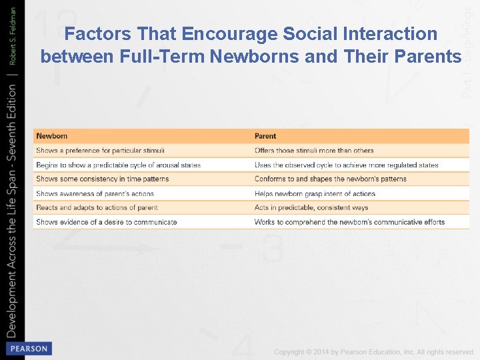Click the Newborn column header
pos(52,136)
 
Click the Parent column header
pos(265,136)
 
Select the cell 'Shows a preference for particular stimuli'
pos(100,151)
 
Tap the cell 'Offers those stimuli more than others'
pos(314,151)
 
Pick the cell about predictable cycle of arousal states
pos(118,165)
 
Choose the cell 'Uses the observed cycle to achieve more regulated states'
pos(346,165)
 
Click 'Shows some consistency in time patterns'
pos(103,179)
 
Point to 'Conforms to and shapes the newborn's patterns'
pos(330,179)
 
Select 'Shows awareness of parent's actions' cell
pos(95,193)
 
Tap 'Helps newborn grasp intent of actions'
pos(315,193)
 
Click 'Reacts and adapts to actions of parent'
pos(97,207)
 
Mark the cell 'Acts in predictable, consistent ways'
pos(311,207)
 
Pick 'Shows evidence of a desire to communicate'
pos(107,222)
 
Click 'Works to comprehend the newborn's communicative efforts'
pos(349,222)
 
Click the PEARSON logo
pos(28,348)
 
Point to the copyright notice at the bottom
pos(373,351)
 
